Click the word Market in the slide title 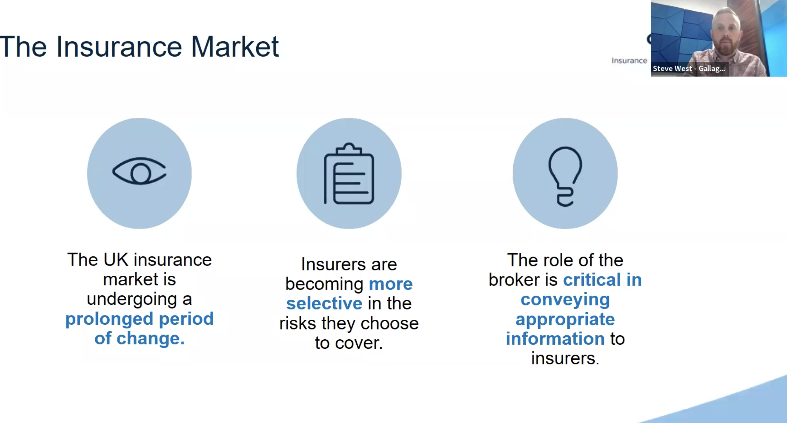coord(235,46)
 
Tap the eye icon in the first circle coord(139,171)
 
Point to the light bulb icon coord(565,177)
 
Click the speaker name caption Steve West coord(672,68)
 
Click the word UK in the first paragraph coord(116,260)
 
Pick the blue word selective coord(324,303)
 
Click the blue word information coord(555,339)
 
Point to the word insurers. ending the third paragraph coord(565,358)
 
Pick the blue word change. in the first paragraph coord(150,339)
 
